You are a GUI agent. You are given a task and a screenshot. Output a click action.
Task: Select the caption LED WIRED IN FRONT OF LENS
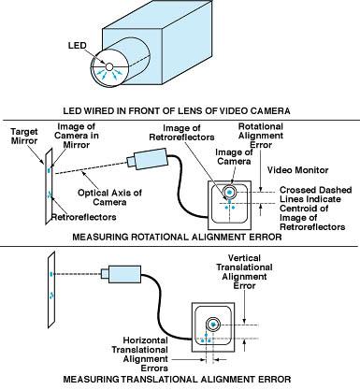click(x=180, y=110)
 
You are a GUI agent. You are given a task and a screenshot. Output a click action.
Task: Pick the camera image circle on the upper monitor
click(x=228, y=192)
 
